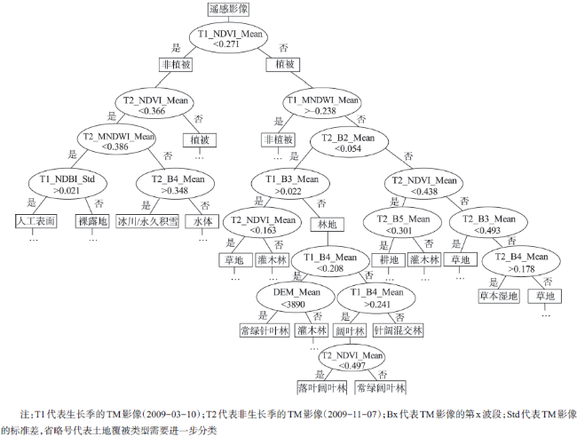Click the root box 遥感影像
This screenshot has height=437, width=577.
point(228,9)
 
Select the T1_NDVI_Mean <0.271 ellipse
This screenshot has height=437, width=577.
point(228,39)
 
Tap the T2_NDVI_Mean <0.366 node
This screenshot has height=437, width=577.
point(154,106)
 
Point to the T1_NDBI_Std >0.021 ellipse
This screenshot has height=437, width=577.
point(67,185)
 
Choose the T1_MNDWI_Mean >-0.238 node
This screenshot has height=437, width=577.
point(322,106)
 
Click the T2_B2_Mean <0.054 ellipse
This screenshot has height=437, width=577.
point(349,143)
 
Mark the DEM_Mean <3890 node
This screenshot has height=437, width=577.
point(296,298)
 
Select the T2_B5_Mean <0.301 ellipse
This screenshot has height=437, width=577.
point(403,224)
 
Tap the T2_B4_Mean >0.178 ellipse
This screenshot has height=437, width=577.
point(521,263)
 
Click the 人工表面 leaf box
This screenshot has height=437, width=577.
point(36,221)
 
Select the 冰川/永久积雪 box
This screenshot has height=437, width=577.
point(147,221)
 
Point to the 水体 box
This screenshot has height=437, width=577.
point(202,221)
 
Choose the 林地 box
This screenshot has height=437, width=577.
point(328,225)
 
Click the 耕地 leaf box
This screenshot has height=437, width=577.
point(389,259)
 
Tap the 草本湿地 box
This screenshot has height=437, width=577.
point(500,296)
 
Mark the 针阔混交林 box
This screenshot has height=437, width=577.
point(399,330)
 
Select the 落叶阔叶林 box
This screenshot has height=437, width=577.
point(322,387)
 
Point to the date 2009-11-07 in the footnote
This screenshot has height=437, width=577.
point(355,414)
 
